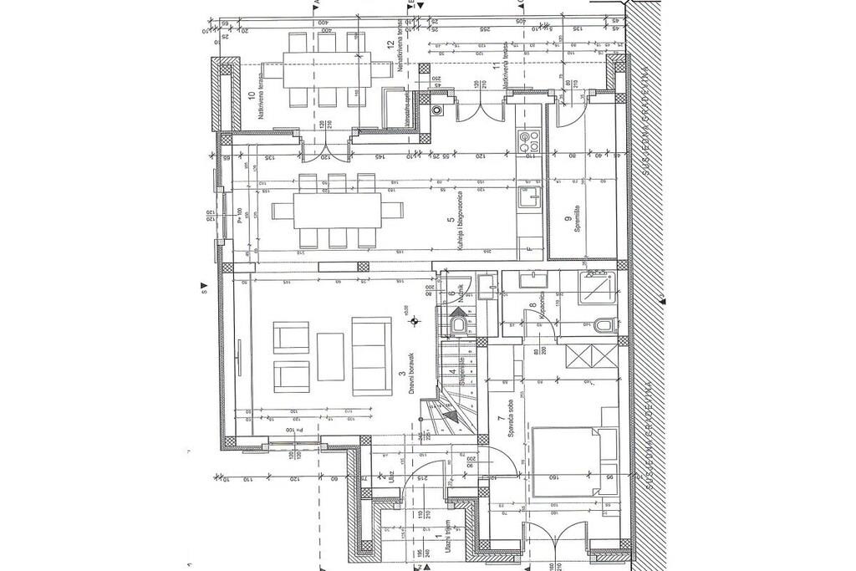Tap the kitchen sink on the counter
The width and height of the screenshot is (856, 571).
[x=528, y=198]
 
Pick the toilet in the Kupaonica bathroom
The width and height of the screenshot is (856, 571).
[x=604, y=324]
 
